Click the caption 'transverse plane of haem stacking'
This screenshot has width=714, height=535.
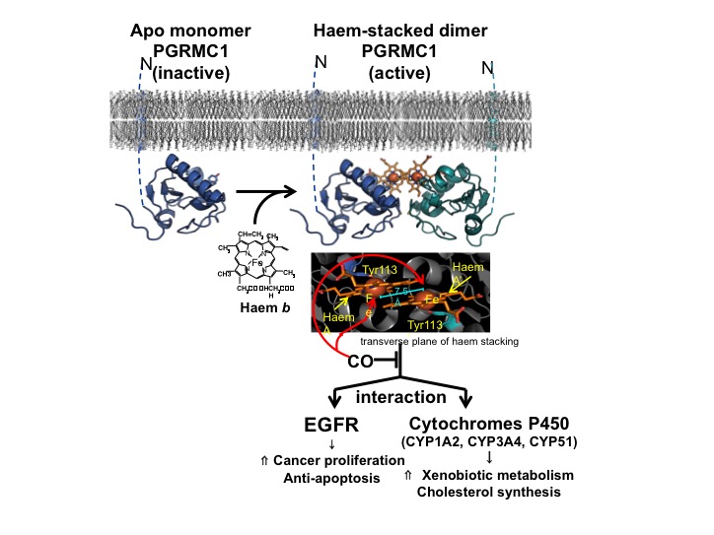click(x=451, y=341)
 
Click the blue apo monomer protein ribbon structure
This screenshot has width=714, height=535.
click(x=178, y=192)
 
